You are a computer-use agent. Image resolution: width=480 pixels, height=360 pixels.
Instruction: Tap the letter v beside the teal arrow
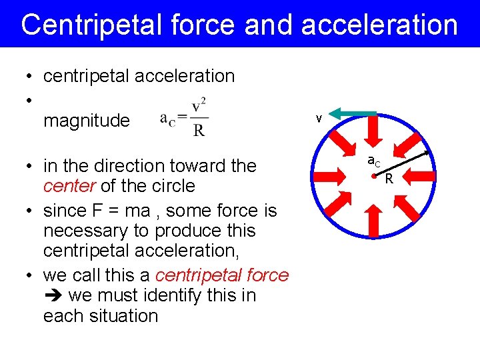click(x=319, y=119)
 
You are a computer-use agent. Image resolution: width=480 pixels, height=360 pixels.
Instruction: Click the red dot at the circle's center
click(x=374, y=177)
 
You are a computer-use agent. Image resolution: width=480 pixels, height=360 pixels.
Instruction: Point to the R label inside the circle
click(x=389, y=179)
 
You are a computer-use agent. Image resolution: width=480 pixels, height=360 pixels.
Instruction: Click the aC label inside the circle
click(x=374, y=161)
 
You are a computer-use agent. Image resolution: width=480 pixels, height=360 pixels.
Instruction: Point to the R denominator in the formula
click(x=199, y=130)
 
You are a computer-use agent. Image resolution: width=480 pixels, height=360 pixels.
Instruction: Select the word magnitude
click(x=86, y=121)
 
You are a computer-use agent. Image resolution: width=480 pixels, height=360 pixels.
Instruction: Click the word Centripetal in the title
click(x=85, y=25)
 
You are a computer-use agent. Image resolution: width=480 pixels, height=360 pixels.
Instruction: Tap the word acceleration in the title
click(x=379, y=25)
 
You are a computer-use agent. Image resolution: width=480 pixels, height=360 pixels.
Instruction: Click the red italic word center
click(x=67, y=185)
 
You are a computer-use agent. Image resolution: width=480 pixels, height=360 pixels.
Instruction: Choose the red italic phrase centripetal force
click(x=221, y=275)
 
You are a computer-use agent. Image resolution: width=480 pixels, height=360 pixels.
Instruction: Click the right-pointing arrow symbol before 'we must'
click(x=52, y=295)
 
